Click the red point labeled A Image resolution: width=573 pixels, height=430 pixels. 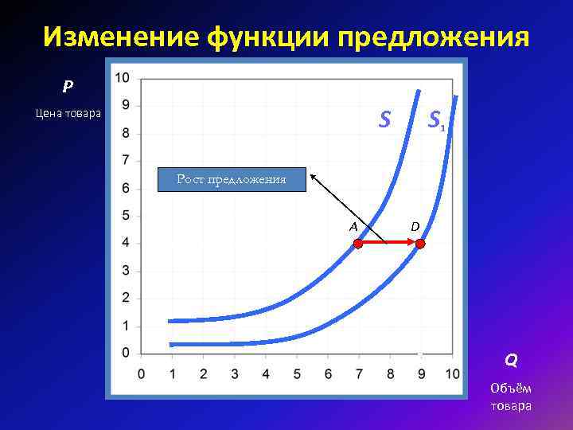tap(358, 245)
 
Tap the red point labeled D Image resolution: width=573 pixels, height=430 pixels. tap(421, 245)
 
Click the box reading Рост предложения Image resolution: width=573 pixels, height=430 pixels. tap(231, 180)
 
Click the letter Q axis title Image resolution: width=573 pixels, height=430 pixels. tap(510, 360)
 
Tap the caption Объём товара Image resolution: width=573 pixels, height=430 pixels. tap(512, 397)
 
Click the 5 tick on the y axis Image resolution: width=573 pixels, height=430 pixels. tap(126, 216)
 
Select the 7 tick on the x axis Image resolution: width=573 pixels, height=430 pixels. tap(359, 374)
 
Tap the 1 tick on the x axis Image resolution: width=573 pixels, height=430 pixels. tap(172, 374)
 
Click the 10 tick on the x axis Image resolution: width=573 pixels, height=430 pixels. tap(451, 374)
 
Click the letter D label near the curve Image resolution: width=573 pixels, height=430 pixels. tap(415, 226)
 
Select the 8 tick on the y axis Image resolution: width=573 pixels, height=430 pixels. tap(126, 133)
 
